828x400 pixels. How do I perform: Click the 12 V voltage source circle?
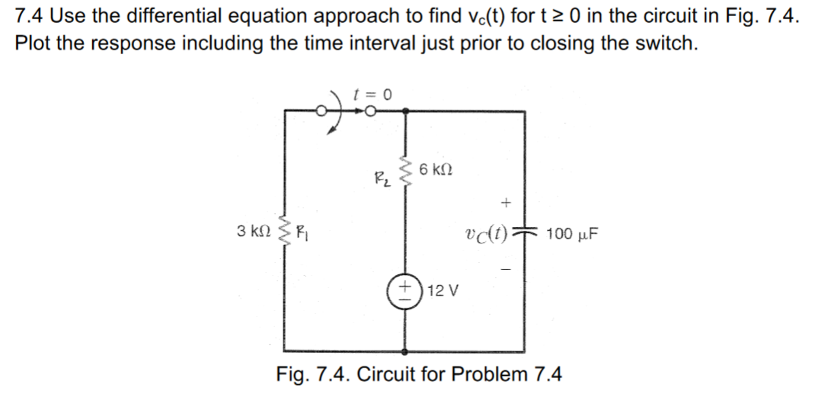404,291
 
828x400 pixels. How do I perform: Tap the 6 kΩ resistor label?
435,169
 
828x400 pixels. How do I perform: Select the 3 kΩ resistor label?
254,231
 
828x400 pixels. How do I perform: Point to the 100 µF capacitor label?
572,234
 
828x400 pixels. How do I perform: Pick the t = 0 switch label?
373,95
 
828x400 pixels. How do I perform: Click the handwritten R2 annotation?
382,179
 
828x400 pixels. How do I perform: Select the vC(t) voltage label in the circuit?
486,234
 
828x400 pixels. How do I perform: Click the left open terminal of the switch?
321,111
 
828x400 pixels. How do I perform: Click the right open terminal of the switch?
370,111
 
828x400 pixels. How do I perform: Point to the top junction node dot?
405,111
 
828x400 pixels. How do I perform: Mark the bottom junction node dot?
405,352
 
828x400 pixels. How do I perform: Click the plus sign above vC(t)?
506,202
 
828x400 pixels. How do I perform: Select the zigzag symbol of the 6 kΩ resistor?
406,171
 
